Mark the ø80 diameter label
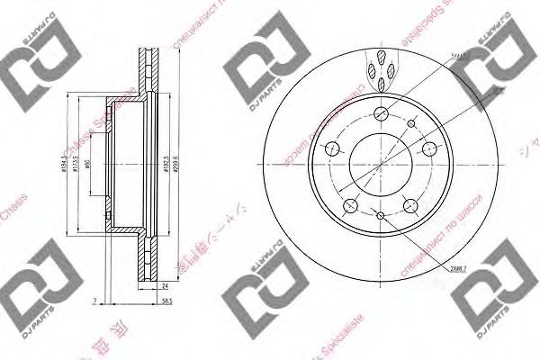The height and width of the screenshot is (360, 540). point(97,166)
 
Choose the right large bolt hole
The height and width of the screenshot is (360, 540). point(428,149)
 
